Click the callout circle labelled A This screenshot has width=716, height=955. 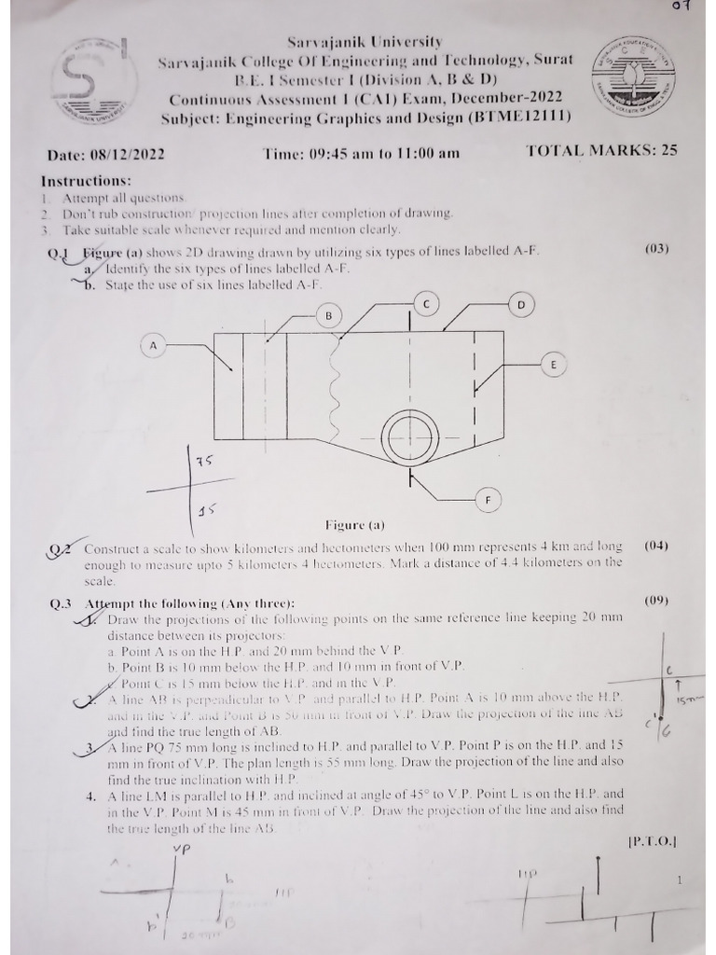153,346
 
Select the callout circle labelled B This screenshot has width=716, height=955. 328,316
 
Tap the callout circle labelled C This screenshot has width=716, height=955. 426,304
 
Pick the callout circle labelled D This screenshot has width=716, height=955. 521,305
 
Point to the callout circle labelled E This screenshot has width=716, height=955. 553,365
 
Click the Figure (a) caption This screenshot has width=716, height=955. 354,525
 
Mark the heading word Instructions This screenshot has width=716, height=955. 87,181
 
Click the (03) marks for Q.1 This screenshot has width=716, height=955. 657,249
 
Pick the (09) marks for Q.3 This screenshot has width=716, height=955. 657,601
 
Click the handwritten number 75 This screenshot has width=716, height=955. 205,461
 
